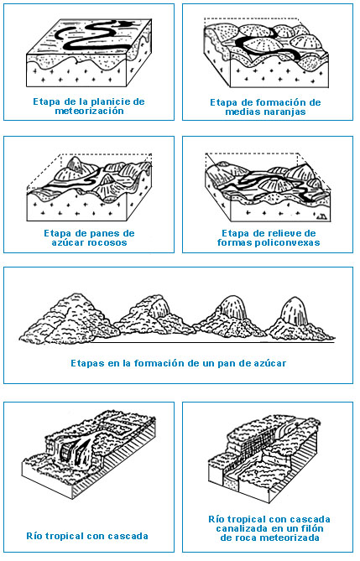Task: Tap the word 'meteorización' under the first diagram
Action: point(89,111)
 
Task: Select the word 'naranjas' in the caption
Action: point(285,112)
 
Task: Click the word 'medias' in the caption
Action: point(244,112)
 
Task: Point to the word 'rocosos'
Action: point(109,242)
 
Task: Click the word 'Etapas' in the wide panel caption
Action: point(84,363)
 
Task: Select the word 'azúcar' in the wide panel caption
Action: point(272,363)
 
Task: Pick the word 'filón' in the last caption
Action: point(312,528)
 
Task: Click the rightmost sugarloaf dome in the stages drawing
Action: point(294,310)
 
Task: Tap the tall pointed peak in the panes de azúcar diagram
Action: point(75,165)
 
